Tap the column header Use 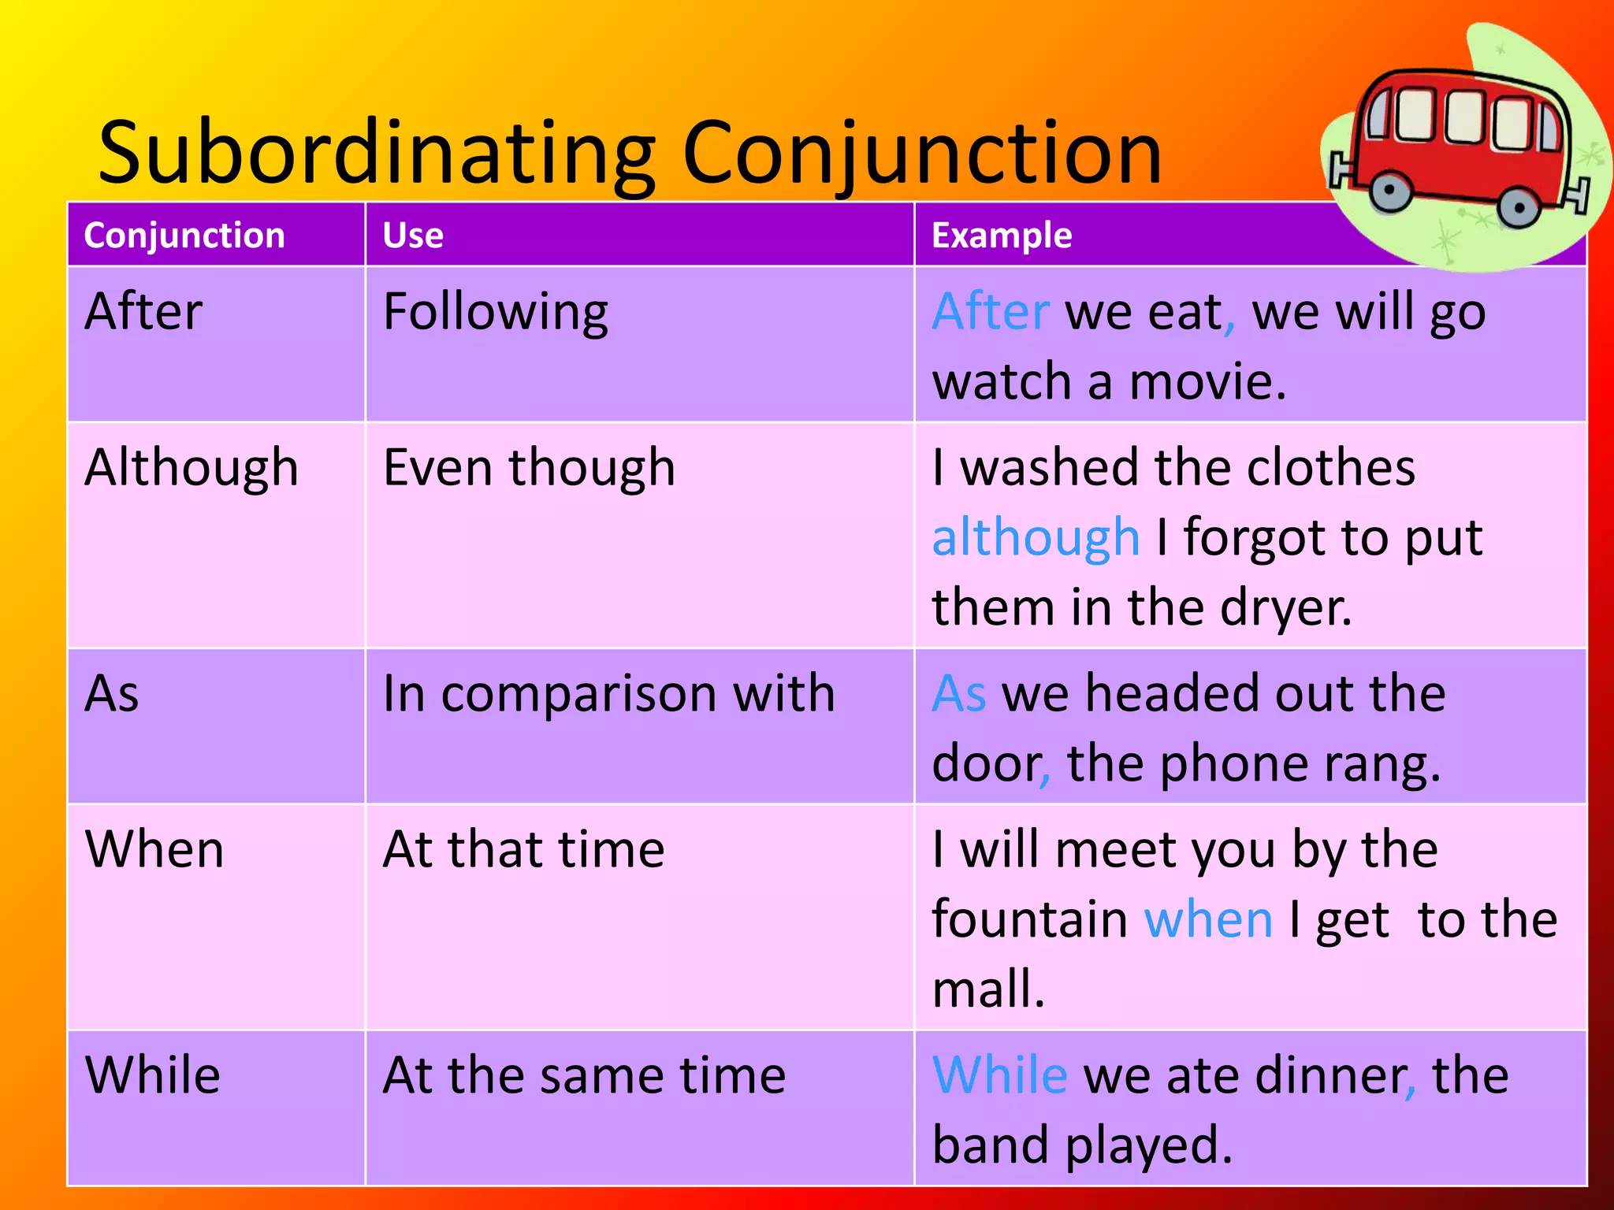(x=413, y=236)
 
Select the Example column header (x=1001, y=236)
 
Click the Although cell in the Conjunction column (x=192, y=469)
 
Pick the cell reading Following (x=495, y=313)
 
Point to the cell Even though (x=529, y=469)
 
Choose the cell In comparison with (x=608, y=694)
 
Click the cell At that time (x=523, y=850)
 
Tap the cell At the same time (x=584, y=1076)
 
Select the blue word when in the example (x=1207, y=920)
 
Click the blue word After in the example (x=991, y=312)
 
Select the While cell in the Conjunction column (x=153, y=1076)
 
